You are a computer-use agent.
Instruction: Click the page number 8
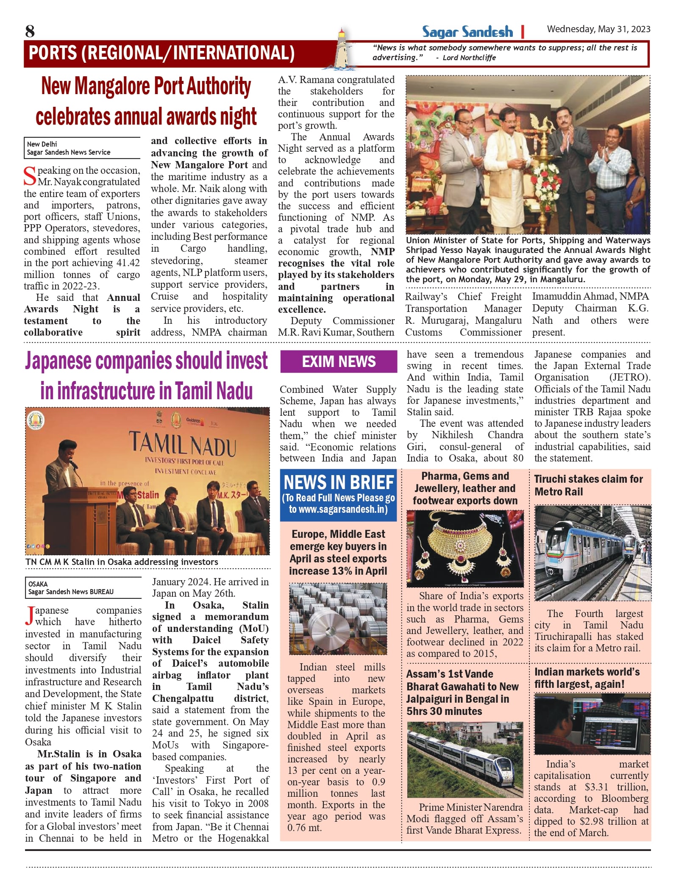pos(30,31)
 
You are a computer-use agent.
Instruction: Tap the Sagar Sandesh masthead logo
pos(467,32)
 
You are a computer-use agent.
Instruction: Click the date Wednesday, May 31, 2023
pos(598,29)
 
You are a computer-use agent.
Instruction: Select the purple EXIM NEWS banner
pos(339,362)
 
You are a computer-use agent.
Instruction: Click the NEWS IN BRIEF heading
pos(339,482)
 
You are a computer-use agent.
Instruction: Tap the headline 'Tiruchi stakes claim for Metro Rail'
pos(588,485)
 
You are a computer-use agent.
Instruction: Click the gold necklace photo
pos(465,548)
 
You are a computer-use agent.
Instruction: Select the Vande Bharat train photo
pos(465,759)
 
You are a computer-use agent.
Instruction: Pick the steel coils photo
pos(338,619)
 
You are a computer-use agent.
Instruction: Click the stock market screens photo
pos(592,724)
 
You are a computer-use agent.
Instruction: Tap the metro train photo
pos(592,553)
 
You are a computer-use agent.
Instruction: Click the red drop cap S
pos(30,176)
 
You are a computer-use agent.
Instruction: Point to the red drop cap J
pos(29,616)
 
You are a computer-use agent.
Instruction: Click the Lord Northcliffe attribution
pos(469,58)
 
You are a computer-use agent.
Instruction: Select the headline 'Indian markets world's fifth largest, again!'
pos(587,678)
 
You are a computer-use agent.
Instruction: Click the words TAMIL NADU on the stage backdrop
pos(182,443)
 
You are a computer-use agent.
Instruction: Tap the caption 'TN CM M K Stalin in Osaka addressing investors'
pos(122,562)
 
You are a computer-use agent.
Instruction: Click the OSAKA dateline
pos(38,584)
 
